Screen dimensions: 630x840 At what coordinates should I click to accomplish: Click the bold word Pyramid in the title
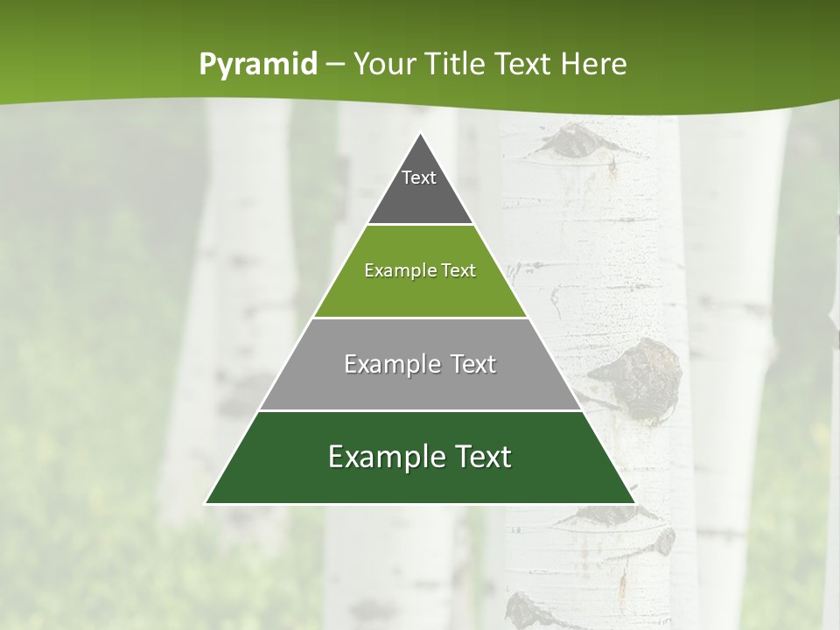point(258,64)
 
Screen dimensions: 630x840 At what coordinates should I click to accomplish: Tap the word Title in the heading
point(452,64)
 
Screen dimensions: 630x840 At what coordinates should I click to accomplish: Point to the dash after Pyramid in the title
point(335,64)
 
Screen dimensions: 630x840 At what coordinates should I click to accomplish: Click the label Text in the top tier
point(419,178)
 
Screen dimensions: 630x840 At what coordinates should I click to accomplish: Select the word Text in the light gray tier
point(469,364)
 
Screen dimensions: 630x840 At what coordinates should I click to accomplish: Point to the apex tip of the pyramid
point(421,135)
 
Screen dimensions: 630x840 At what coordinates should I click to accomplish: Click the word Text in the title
point(525,64)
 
